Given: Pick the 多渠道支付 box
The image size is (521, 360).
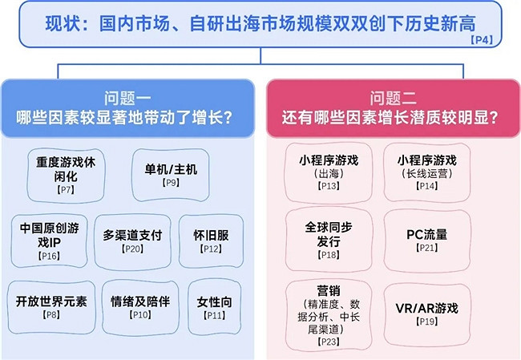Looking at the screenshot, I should (132, 240).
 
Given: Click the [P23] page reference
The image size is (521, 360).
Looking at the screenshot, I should (328, 342).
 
